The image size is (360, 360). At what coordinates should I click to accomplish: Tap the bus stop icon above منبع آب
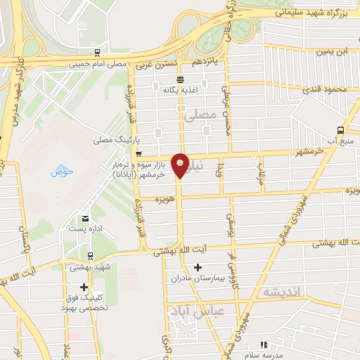click(341, 130)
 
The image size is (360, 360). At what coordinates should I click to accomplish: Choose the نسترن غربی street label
click(155, 63)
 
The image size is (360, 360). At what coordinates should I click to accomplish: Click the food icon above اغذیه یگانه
click(181, 79)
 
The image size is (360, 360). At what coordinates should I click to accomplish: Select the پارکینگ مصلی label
click(113, 141)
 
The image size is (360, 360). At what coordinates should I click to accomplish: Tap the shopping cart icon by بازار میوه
click(139, 153)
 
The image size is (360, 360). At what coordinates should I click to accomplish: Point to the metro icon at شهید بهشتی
click(89, 256)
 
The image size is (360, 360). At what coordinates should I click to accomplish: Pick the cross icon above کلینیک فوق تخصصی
click(84, 287)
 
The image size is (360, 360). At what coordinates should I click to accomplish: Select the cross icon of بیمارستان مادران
click(198, 267)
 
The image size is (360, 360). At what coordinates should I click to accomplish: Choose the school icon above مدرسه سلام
click(265, 345)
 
